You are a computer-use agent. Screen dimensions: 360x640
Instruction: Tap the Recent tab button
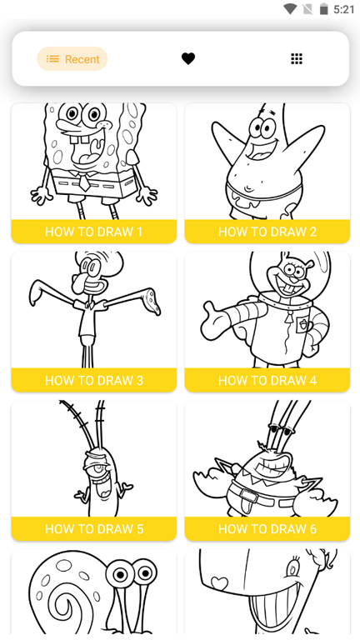[72, 59]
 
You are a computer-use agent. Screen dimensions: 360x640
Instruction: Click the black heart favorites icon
[188, 59]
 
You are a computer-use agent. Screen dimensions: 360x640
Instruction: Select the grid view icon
[297, 59]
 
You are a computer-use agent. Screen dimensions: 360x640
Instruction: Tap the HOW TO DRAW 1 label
[93, 232]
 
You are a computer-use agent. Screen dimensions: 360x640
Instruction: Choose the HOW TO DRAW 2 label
[267, 232]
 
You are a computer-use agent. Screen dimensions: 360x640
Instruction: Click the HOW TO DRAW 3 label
[94, 380]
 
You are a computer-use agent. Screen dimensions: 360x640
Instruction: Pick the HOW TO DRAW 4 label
[267, 380]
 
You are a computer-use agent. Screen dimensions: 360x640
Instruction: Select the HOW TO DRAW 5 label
[94, 529]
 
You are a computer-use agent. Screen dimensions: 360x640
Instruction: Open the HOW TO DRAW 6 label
[267, 529]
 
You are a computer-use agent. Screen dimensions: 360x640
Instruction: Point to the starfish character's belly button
[248, 188]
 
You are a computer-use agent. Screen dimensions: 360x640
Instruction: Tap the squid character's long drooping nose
[78, 280]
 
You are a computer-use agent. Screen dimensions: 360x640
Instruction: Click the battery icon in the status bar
[323, 9]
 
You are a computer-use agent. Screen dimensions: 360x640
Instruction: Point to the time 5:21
[343, 9]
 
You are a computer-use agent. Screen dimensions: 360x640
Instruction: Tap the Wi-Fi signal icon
[290, 9]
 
